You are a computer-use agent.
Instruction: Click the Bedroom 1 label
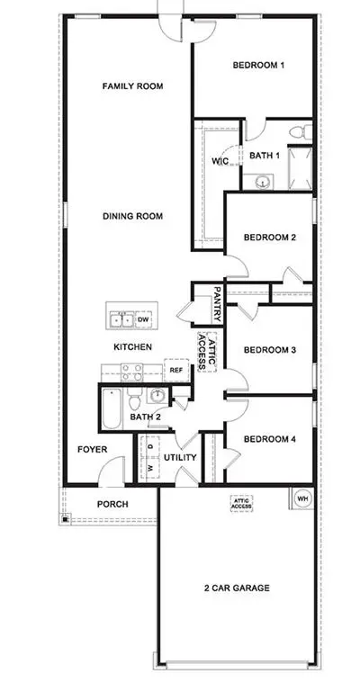click(258, 65)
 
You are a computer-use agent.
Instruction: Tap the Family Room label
click(132, 86)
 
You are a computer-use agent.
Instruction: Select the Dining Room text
click(132, 216)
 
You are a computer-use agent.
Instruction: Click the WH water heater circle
click(302, 498)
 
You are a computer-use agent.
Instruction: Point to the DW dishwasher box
click(143, 319)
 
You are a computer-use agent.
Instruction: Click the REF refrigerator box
click(175, 370)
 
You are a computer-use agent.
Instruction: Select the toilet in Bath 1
click(300, 131)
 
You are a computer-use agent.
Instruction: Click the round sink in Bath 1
click(264, 182)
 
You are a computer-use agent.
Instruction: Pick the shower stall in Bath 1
click(300, 168)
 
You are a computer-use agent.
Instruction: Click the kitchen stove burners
click(132, 372)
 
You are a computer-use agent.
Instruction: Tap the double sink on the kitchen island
click(121, 319)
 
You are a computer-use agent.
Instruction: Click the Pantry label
click(217, 304)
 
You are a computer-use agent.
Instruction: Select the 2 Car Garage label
click(237, 588)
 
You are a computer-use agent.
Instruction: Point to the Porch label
click(112, 504)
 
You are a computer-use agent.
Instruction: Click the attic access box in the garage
click(241, 504)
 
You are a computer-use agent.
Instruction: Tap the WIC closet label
click(220, 161)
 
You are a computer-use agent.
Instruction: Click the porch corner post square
click(65, 519)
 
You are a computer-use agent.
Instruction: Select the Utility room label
click(180, 458)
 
